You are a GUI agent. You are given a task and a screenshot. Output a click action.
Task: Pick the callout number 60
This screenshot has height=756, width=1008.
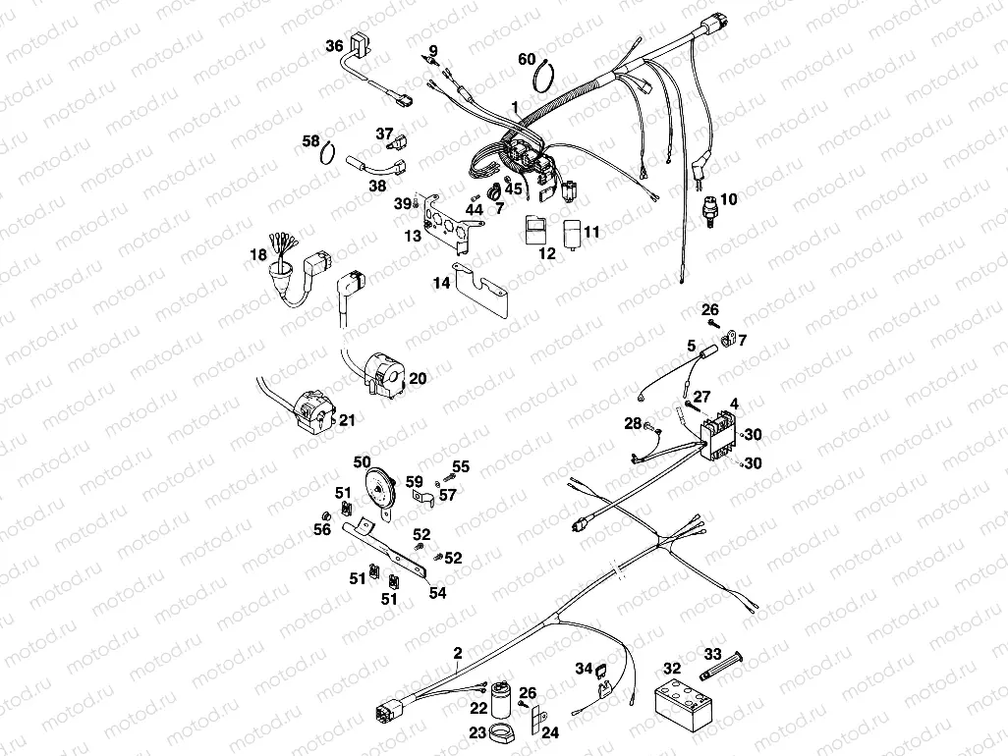528,59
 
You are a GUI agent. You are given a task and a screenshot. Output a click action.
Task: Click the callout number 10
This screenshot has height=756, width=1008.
728,199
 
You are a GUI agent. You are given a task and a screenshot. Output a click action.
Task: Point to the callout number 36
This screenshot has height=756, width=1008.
334,45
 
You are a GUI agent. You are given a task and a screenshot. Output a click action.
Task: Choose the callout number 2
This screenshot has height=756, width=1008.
458,653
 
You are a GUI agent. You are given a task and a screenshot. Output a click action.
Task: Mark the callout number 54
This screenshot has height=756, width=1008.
437,594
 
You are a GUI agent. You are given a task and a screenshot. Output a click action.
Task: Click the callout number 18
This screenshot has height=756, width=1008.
258,255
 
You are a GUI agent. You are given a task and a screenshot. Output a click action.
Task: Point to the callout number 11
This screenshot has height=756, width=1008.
590,233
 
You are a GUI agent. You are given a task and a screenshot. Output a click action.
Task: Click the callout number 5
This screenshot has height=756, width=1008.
692,346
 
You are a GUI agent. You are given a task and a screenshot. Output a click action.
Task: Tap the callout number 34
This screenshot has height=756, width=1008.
584,670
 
